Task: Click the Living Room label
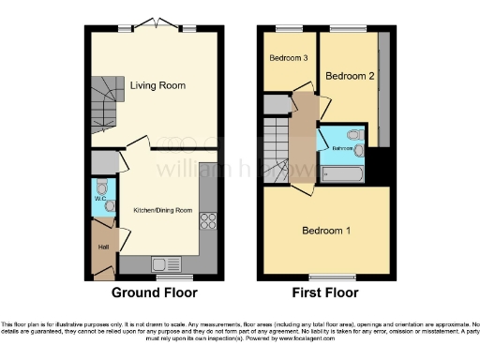pyautogui.click(x=157, y=85)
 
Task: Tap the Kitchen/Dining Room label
pyautogui.click(x=162, y=210)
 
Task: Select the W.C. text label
pyautogui.click(x=99, y=198)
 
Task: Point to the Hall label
pyautogui.click(x=102, y=247)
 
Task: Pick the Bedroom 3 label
pyautogui.click(x=289, y=58)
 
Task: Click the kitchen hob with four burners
pyautogui.click(x=207, y=222)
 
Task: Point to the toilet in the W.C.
pyautogui.click(x=110, y=205)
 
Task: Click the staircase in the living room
pyautogui.click(x=108, y=103)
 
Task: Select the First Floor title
pyautogui.click(x=326, y=292)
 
